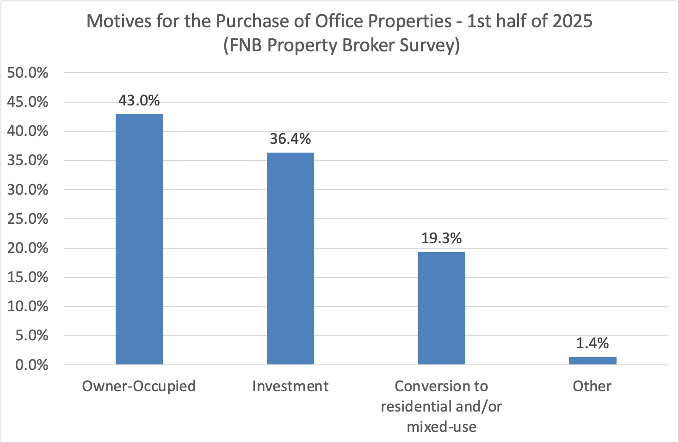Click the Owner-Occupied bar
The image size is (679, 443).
139,239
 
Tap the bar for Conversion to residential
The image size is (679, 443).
442,308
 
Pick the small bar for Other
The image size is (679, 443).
593,361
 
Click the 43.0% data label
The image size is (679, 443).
139,100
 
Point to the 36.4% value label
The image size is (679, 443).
290,139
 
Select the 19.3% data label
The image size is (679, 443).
442,238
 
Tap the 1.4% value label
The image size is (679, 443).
593,343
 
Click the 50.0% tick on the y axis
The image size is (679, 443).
28,73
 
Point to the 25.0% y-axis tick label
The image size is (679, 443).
28,219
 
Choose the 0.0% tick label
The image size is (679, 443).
31,365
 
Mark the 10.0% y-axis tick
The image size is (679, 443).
28,306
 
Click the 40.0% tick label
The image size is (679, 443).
28,131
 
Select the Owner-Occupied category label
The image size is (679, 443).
139,386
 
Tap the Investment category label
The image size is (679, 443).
290,386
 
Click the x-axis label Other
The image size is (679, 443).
592,386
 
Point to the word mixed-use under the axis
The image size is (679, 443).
442,426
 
